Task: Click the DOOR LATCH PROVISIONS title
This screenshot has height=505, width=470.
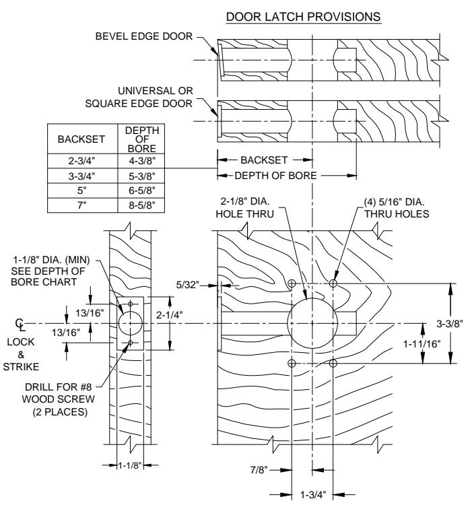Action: tap(304, 17)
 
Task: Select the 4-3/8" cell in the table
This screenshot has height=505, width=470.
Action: tap(142, 161)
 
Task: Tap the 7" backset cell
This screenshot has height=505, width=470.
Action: tap(82, 205)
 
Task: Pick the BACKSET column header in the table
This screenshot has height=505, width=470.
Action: tap(81, 139)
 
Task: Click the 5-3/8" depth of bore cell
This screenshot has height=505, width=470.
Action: tap(142, 176)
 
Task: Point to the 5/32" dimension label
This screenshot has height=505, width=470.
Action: tap(187, 285)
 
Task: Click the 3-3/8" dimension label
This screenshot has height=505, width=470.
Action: tap(450, 324)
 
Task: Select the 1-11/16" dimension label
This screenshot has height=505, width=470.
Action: tap(422, 344)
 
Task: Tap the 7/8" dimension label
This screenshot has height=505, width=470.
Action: tap(259, 470)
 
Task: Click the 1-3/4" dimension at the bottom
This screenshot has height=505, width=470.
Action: tap(313, 494)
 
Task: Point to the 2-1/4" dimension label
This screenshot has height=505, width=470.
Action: tap(170, 314)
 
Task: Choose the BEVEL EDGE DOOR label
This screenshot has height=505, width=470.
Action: tap(144, 36)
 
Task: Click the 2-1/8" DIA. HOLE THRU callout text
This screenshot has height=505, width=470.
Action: tap(245, 208)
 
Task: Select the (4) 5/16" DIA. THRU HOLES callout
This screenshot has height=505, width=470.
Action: tap(397, 208)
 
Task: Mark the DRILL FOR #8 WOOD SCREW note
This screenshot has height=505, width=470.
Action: tap(59, 399)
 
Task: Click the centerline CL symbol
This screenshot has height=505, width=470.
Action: tap(20, 325)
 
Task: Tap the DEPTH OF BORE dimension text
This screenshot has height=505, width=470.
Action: tap(276, 176)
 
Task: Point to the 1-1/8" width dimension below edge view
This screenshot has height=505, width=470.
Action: tap(130, 465)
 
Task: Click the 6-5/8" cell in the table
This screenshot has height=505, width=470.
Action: tap(142, 191)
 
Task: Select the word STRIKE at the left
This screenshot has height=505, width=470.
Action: tap(21, 367)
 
